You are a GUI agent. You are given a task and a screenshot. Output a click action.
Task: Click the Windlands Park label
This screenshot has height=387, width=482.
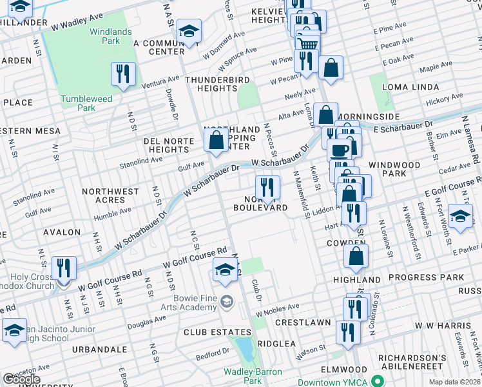pos(107,36)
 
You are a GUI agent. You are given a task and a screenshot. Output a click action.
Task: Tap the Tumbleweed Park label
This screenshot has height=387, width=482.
pos(86,103)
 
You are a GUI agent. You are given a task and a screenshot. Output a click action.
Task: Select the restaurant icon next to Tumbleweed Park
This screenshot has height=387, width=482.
pos(122,74)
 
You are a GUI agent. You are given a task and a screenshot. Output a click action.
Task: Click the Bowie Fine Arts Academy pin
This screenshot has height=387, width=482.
pos(226,301)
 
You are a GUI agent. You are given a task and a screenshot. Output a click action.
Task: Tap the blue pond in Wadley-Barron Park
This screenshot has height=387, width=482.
pos(244,350)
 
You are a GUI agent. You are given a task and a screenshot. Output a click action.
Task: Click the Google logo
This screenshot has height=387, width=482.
pos(21,379)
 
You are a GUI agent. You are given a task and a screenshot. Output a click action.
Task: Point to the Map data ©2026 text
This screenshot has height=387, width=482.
pos(454,382)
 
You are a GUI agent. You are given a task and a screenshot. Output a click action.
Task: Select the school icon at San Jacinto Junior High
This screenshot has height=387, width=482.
pos(14,330)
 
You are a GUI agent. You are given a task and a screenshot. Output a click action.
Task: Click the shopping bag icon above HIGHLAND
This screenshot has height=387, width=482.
pos(356,256)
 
